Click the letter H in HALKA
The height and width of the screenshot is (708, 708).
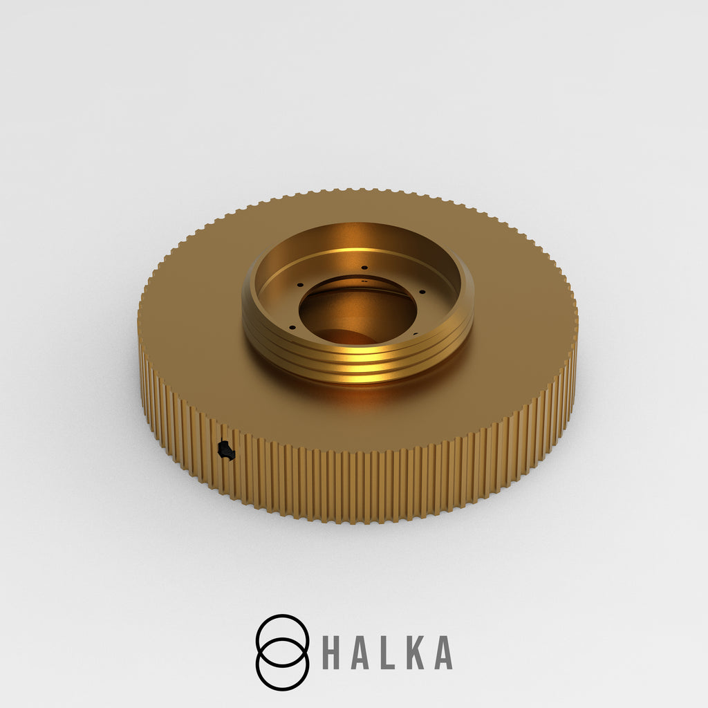click(x=331, y=653)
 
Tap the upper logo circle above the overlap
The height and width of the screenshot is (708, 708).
click(x=283, y=617)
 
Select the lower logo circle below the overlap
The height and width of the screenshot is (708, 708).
click(x=283, y=689)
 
